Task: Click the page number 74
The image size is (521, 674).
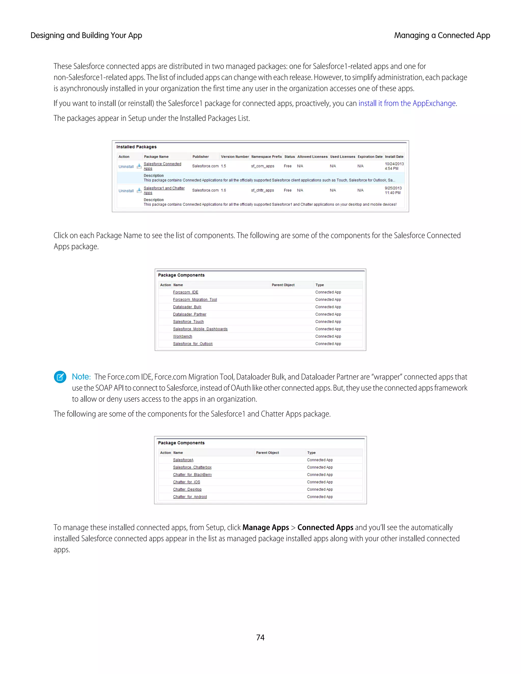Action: (260, 637)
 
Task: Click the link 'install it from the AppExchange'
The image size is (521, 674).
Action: (407, 103)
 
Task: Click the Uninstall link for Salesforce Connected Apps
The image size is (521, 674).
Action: (126, 167)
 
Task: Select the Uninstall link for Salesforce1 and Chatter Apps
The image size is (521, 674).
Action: (126, 191)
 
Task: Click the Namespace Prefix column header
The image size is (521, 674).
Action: (266, 157)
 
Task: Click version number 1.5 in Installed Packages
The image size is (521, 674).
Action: (223, 166)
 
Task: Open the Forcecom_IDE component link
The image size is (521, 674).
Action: (185, 292)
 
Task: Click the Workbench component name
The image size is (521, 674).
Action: (182, 336)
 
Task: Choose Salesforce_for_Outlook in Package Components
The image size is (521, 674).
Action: (193, 344)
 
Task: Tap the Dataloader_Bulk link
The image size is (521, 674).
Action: (187, 307)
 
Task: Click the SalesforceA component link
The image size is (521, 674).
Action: (183, 460)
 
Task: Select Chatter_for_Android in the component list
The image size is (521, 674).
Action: (190, 497)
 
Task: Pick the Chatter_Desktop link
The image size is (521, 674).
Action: (187, 489)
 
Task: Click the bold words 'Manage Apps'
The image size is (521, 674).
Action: (265, 528)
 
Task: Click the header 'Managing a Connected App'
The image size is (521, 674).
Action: (442, 36)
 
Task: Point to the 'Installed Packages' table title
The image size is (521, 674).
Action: (136, 147)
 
